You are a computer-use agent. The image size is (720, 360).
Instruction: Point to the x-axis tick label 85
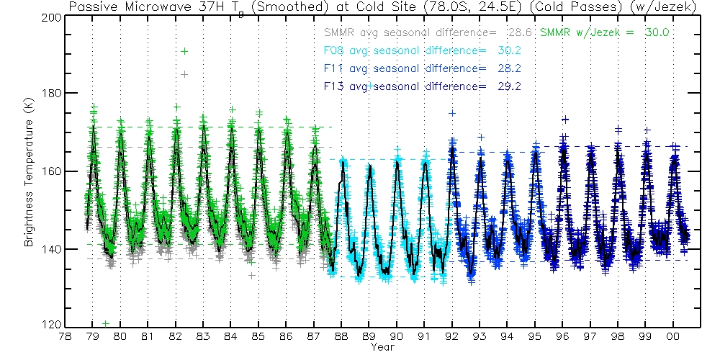tap(258, 336)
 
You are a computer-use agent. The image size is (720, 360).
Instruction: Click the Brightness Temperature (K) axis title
tap(30, 171)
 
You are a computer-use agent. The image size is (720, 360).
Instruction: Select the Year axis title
tap(382, 348)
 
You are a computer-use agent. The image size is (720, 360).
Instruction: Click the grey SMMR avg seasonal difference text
tap(428, 32)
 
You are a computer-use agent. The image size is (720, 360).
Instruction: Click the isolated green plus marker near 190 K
tap(185, 51)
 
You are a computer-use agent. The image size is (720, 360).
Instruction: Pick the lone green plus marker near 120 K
tap(106, 323)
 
